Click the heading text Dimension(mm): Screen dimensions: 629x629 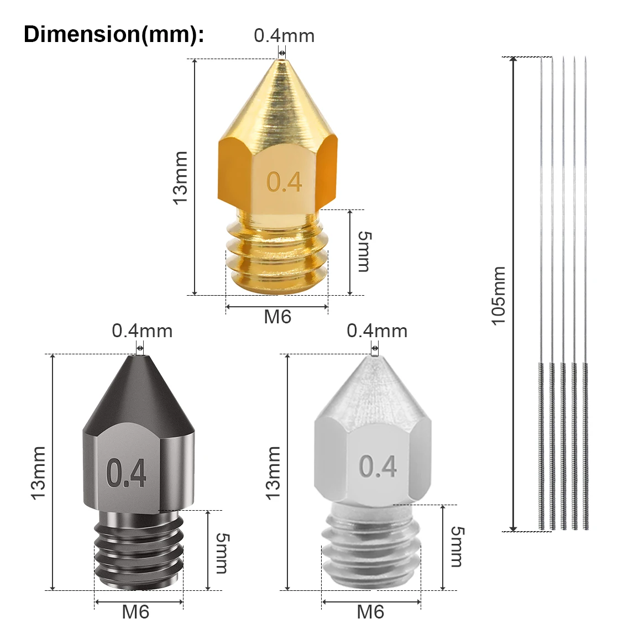click(114, 34)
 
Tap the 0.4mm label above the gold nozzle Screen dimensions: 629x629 click(284, 36)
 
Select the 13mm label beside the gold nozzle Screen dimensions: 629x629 click(181, 178)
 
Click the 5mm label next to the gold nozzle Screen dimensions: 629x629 click(364, 251)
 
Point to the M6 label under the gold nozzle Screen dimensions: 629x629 click(277, 317)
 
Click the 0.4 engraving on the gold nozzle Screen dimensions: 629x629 click(284, 182)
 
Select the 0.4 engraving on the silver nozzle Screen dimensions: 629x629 click(378, 466)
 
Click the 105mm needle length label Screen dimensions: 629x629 click(499, 296)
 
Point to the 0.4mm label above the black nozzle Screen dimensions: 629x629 click(142, 331)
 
